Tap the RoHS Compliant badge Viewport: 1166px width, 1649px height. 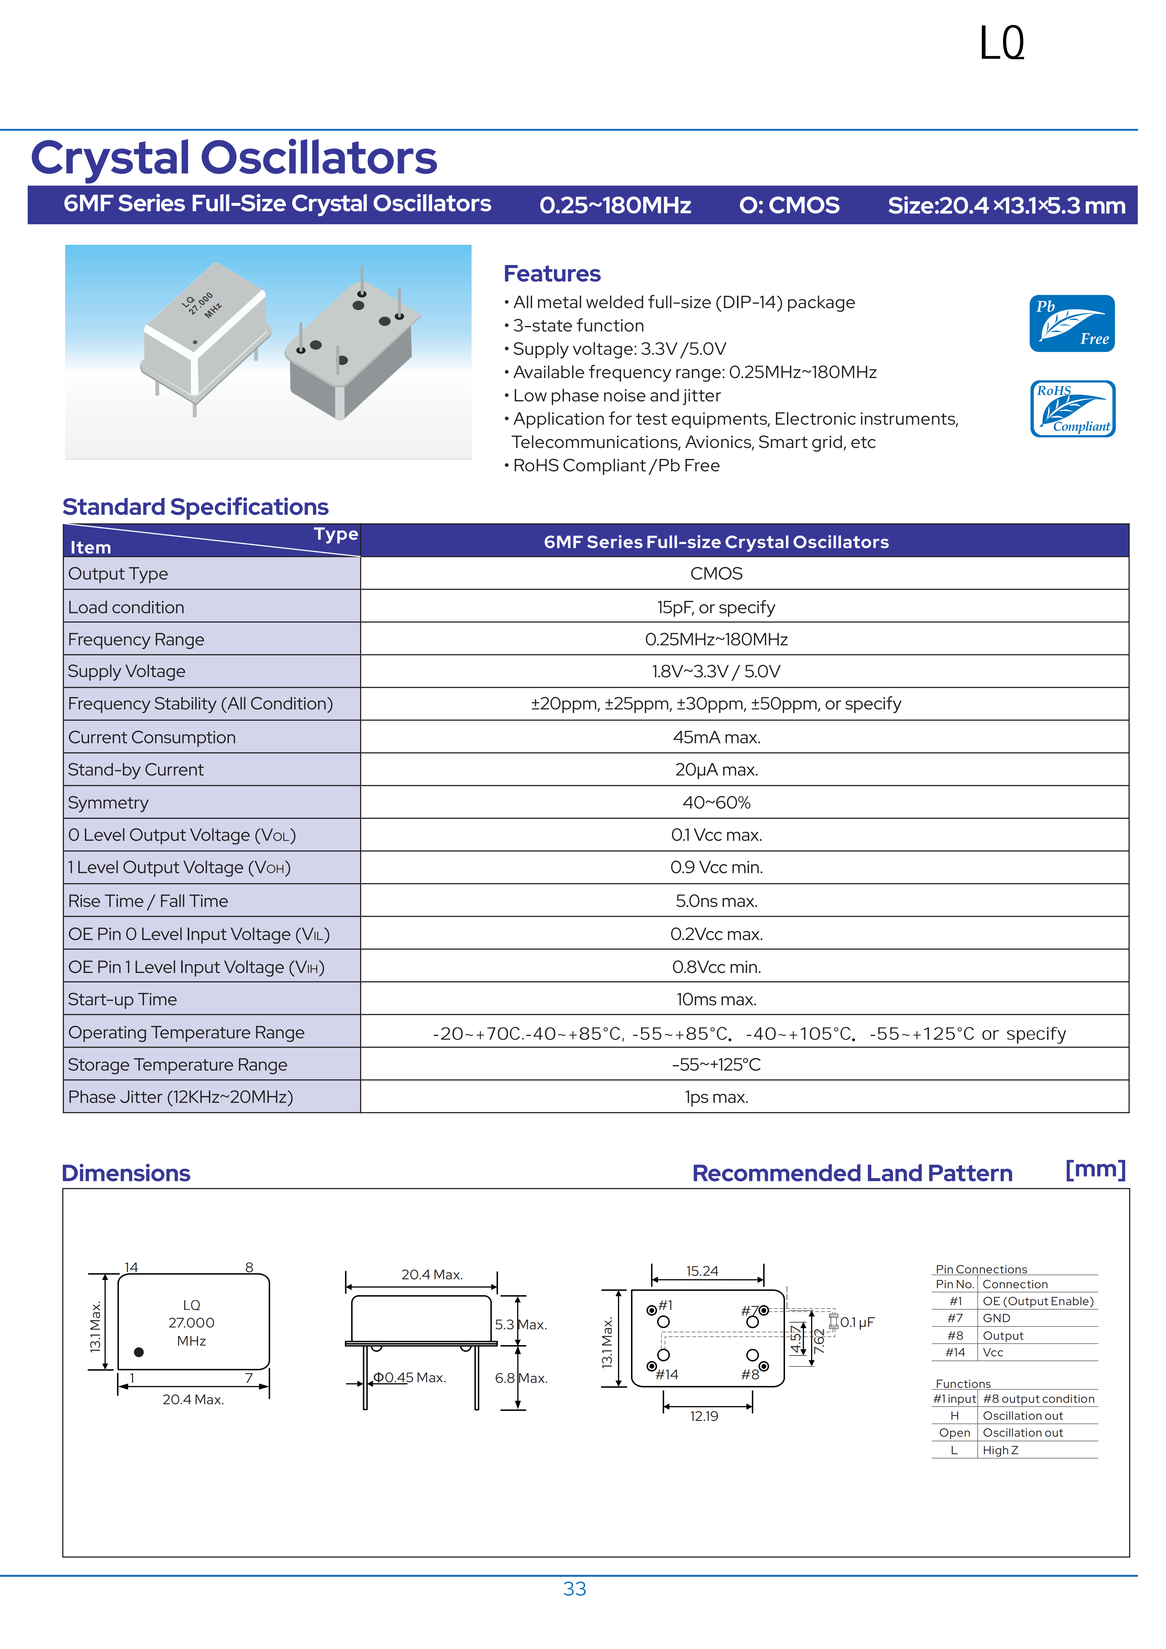tap(1072, 409)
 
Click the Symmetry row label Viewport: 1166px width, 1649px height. tap(109, 803)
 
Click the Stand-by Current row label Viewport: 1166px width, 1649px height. tap(136, 770)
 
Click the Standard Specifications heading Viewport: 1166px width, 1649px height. tap(195, 507)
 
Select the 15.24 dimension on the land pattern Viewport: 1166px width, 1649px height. tap(702, 1271)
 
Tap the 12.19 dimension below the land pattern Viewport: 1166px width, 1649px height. tap(704, 1416)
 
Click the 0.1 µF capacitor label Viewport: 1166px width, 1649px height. tap(857, 1322)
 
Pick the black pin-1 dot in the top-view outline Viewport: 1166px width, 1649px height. tap(139, 1352)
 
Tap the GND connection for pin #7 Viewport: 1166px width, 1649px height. tap(996, 1318)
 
